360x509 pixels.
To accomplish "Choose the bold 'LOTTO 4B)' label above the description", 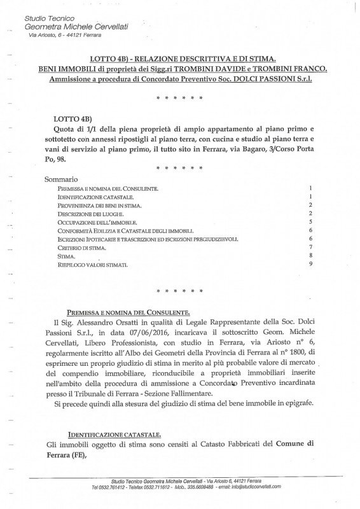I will click(74, 119).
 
